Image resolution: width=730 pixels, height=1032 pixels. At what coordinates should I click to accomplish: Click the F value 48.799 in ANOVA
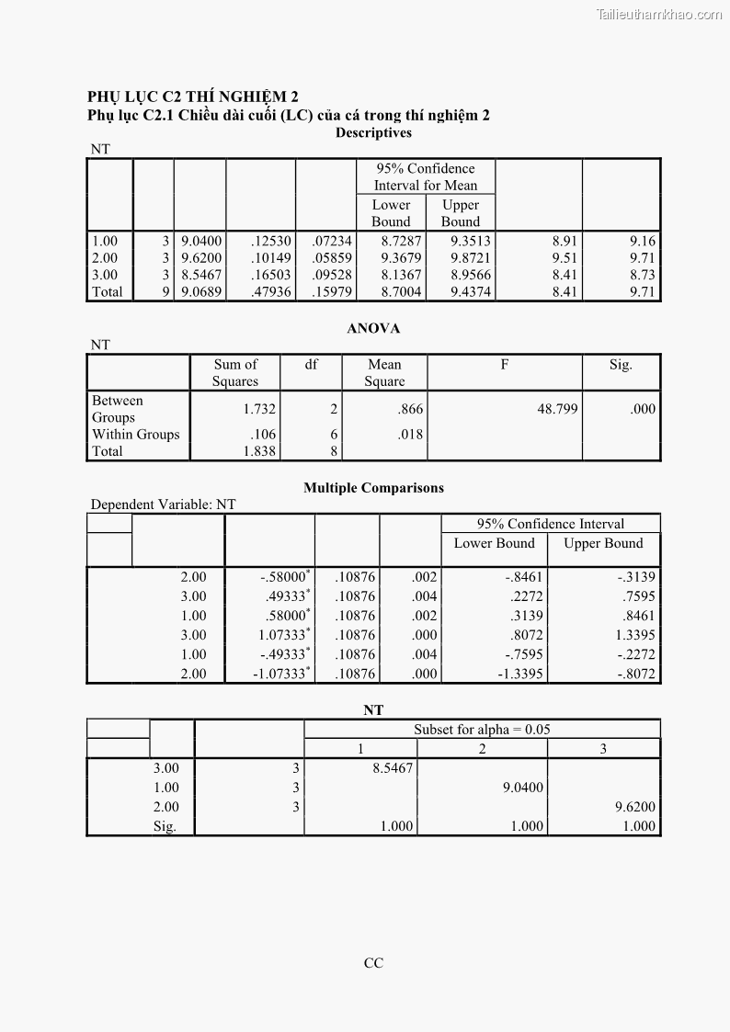tap(557, 409)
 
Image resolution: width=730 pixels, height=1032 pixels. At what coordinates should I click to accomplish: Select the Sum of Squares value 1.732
tap(259, 409)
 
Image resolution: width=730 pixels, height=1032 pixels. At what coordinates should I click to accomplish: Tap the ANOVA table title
tap(373, 328)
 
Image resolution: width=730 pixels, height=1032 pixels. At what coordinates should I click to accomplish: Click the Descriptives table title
tap(373, 132)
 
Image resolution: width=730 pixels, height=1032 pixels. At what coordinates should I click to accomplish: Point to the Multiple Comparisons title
tap(373, 488)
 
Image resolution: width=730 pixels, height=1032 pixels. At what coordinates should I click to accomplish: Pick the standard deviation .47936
tap(270, 292)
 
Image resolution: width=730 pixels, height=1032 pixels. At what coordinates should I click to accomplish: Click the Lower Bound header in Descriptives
tap(391, 213)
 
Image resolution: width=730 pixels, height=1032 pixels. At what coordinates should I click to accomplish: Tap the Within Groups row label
tap(136, 435)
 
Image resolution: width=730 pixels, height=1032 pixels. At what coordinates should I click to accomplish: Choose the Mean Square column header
tap(384, 373)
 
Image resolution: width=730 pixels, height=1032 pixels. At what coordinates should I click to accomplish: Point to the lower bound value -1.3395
tap(520, 674)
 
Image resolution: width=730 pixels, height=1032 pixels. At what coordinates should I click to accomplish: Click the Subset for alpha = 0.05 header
tap(482, 730)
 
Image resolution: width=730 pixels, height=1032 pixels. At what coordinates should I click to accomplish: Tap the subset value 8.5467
tap(393, 768)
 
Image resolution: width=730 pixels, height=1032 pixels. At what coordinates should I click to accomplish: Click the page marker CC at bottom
tap(373, 963)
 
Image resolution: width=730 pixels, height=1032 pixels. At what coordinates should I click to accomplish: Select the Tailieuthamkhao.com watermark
tap(659, 14)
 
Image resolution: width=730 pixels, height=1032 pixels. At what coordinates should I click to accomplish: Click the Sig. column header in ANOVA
tap(621, 365)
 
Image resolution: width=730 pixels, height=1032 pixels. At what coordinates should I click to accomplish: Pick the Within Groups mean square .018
tap(410, 435)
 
